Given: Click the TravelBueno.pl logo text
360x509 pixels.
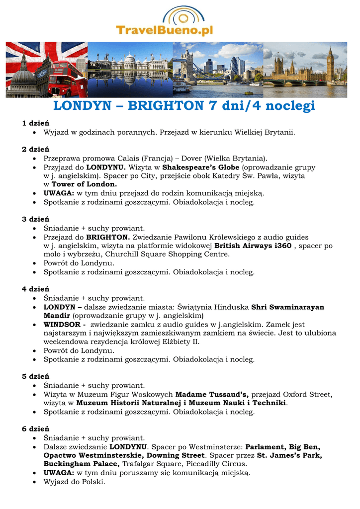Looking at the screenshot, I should (x=165, y=31).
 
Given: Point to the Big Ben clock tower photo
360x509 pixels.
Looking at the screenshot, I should (x=330, y=65).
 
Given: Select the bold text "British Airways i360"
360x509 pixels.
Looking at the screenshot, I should (x=253, y=246).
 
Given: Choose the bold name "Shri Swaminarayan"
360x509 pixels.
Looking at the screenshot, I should (x=287, y=307).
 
